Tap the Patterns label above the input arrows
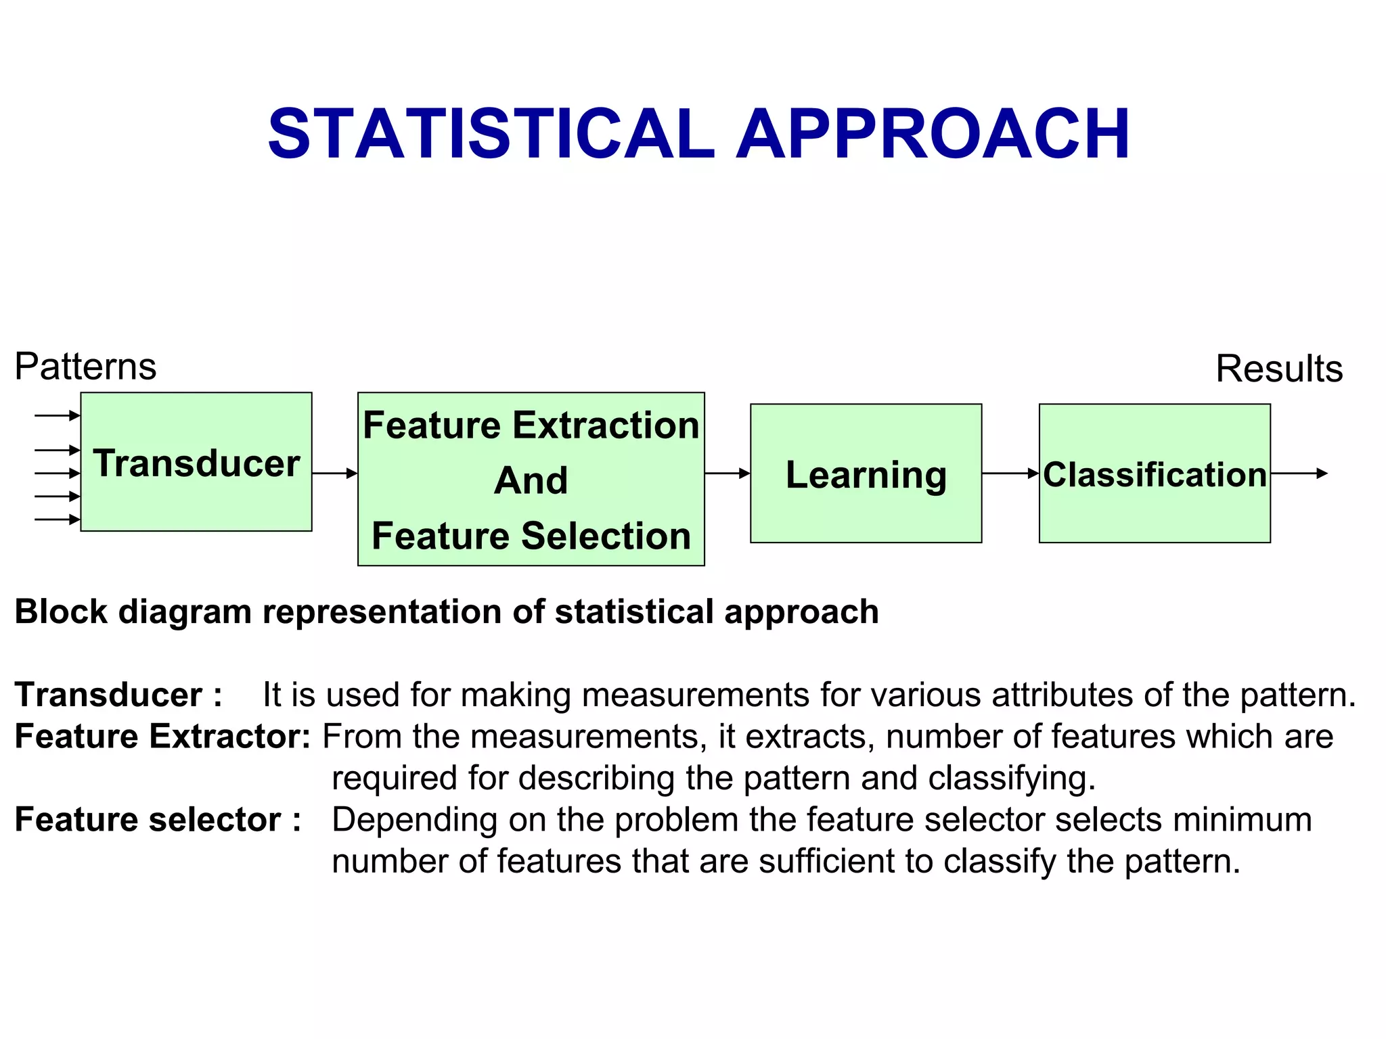[85, 367]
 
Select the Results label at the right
[1279, 369]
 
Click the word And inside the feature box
[531, 480]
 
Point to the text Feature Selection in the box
[531, 536]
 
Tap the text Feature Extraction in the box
[531, 425]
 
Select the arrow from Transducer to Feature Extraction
[334, 474]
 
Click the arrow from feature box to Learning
[727, 474]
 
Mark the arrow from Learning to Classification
[1010, 474]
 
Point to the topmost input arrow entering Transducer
[57, 415]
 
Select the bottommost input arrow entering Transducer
[57, 519]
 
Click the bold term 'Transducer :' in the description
[118, 695]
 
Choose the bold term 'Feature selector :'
[158, 820]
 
